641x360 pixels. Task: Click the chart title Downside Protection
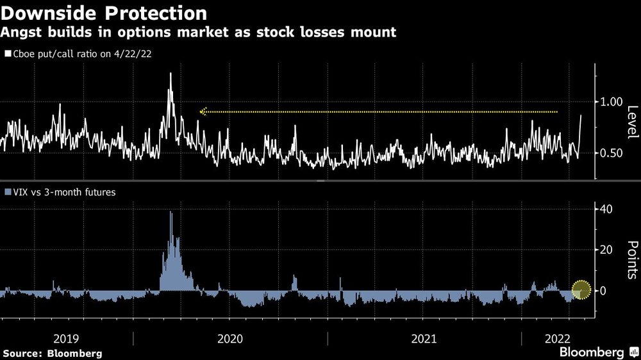104,13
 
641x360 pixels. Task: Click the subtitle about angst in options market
199,32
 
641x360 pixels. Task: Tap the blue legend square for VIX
8,191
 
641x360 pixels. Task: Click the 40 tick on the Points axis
606,209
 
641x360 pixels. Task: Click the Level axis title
631,122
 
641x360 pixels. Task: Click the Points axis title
631,259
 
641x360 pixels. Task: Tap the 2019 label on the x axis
67,338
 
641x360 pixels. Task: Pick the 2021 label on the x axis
424,338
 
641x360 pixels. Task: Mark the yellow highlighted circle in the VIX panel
581,290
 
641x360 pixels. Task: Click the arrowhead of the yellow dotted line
203,111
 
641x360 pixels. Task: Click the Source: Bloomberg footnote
53,353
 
